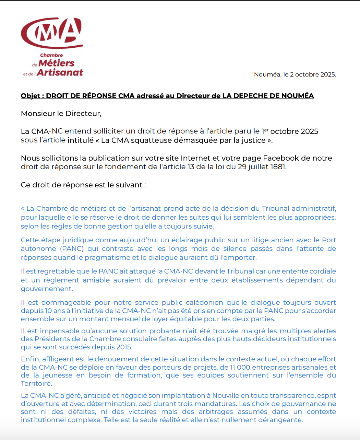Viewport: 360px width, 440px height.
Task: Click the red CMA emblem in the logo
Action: point(52,33)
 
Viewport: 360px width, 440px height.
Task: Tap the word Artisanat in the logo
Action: point(60,72)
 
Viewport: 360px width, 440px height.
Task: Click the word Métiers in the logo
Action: point(56,63)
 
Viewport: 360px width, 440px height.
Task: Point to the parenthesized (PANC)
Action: point(72,248)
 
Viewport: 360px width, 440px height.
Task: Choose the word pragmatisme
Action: point(107,257)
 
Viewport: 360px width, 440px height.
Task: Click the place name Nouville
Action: point(226,396)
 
